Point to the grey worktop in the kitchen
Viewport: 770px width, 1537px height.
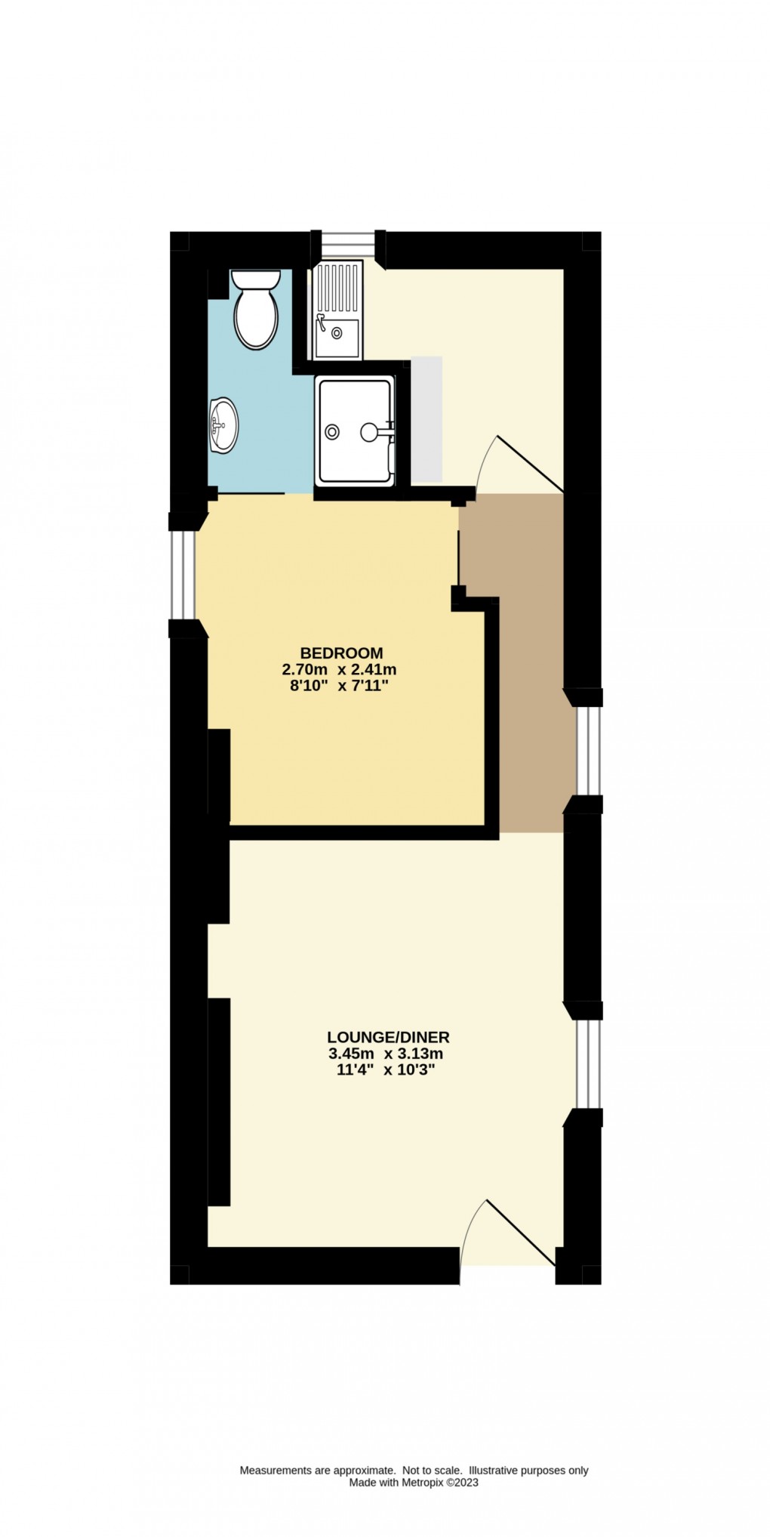coord(426,419)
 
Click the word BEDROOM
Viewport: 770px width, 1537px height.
coord(341,653)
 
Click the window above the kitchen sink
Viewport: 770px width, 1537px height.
coord(346,245)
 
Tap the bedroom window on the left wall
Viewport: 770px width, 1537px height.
coord(182,575)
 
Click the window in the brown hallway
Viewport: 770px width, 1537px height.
coord(587,752)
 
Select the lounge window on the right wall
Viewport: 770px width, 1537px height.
coord(587,1064)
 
